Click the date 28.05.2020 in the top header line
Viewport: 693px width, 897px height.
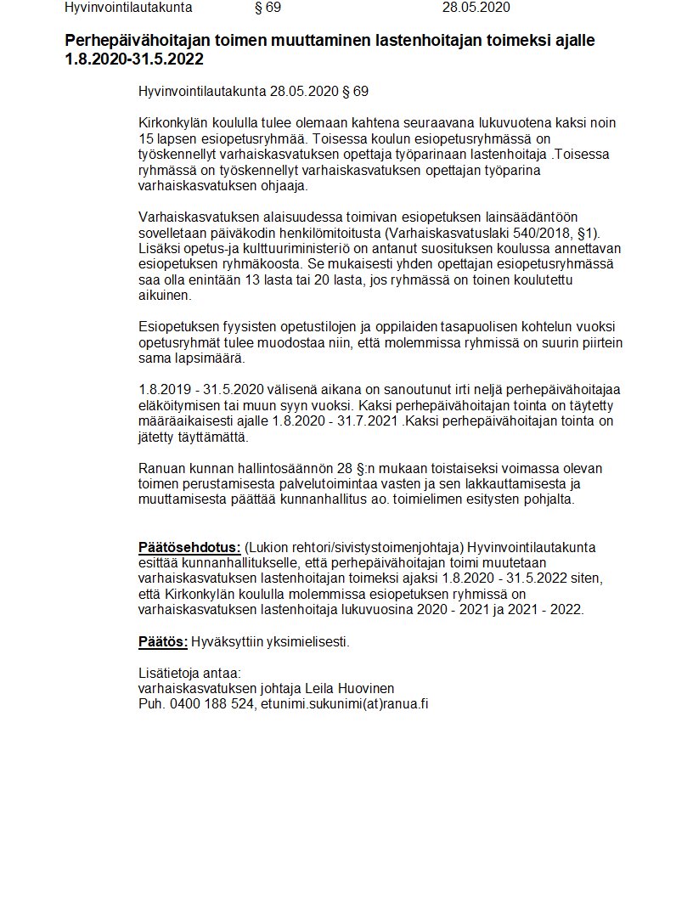476,8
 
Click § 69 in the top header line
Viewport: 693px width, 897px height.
268,8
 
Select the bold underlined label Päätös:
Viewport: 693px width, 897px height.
163,641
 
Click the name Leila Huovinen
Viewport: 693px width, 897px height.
351,688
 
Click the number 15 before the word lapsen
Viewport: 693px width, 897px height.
146,138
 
